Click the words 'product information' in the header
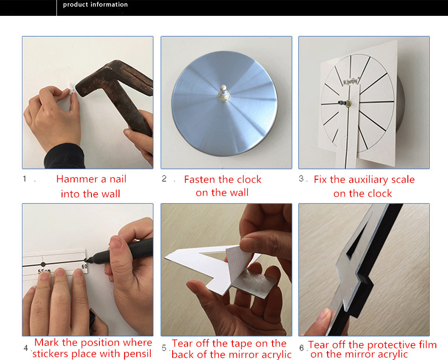pyautogui.click(x=95, y=5)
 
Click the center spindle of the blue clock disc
pyautogui.click(x=224, y=92)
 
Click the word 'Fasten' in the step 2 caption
pyautogui.click(x=199, y=180)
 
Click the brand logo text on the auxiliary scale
pyautogui.click(x=350, y=81)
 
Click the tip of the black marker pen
pyautogui.click(x=87, y=260)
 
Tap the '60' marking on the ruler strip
pyautogui.click(x=84, y=267)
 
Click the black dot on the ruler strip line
pyautogui.click(x=43, y=264)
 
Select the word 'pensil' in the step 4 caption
pyautogui.click(x=137, y=354)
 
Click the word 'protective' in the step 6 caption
pyautogui.click(x=395, y=345)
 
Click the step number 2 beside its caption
pyautogui.click(x=164, y=179)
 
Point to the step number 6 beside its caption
pyautogui.click(x=302, y=348)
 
